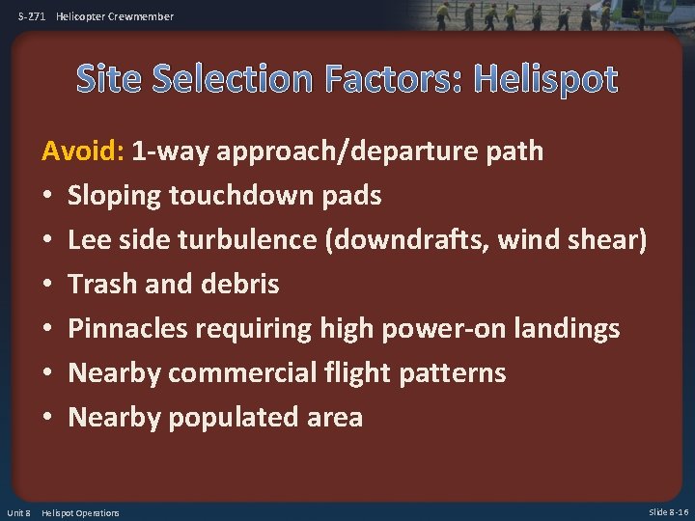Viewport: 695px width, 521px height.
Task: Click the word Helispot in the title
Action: pyautogui.click(x=544, y=80)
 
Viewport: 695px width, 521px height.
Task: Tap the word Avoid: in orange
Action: pyautogui.click(x=82, y=151)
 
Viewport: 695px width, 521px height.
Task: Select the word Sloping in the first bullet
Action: pyautogui.click(x=114, y=196)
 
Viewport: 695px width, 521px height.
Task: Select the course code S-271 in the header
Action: pyautogui.click(x=33, y=16)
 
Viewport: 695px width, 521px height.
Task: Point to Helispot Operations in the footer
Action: pyautogui.click(x=81, y=512)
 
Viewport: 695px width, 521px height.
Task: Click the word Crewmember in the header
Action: pyautogui.click(x=141, y=16)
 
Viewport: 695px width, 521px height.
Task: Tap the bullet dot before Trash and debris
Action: pyautogui.click(x=48, y=285)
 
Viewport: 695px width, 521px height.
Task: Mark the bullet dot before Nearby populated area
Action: pyautogui.click(x=48, y=418)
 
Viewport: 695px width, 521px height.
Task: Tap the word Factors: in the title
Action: pyautogui.click(x=395, y=80)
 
